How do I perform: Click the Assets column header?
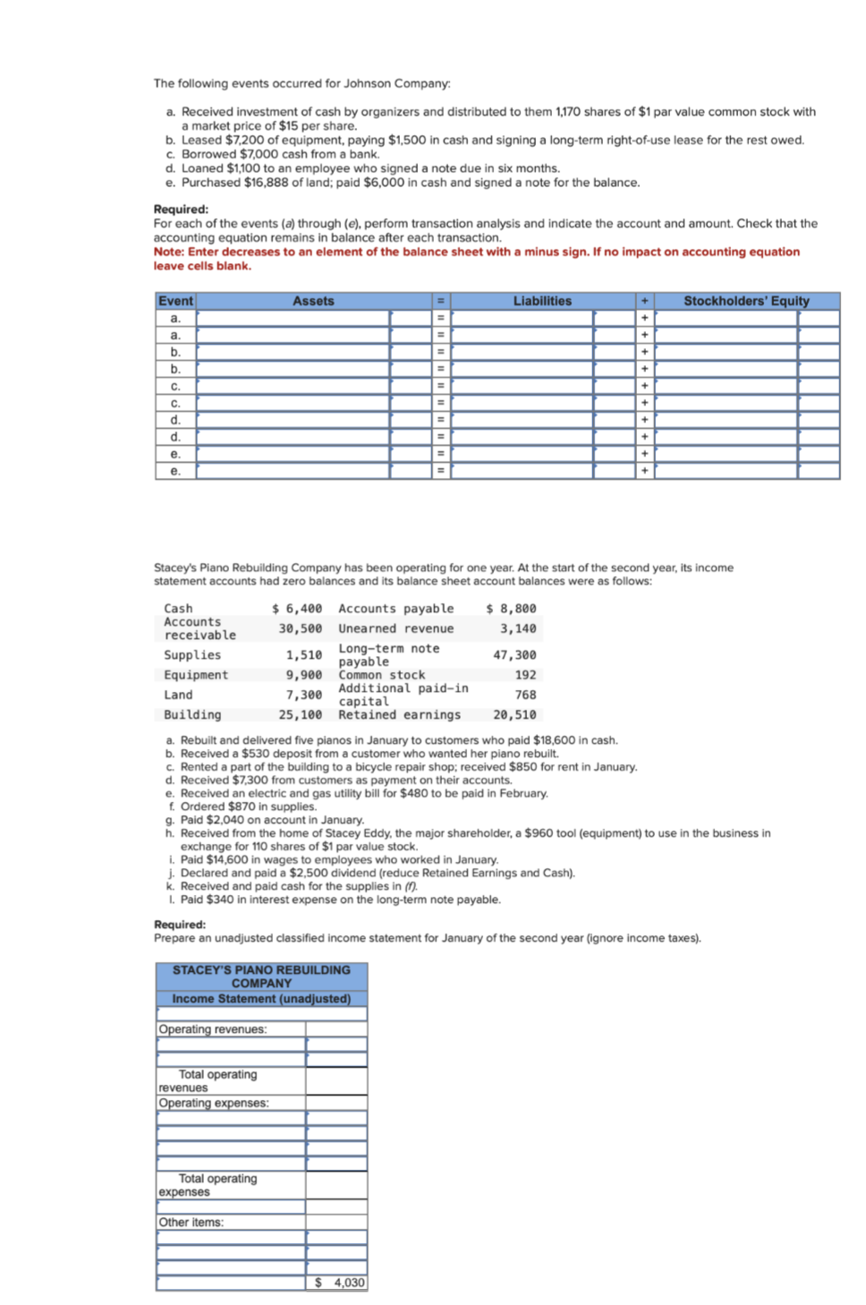click(313, 301)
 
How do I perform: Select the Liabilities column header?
click(542, 301)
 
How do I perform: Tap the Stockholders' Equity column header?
click(746, 301)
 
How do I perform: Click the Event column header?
click(175, 301)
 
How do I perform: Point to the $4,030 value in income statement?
click(340, 1283)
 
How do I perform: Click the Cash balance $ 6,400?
click(297, 609)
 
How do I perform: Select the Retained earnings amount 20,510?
click(514, 714)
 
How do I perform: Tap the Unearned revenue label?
click(395, 628)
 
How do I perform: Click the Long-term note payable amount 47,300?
click(514, 655)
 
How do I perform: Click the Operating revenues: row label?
click(213, 1029)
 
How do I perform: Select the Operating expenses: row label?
click(214, 1103)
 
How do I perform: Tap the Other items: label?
click(191, 1222)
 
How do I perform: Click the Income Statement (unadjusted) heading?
click(261, 999)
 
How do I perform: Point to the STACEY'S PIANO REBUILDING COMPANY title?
click(261, 977)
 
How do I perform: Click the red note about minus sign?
click(476, 259)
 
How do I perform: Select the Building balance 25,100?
click(300, 714)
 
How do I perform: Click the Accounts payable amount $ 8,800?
click(511, 609)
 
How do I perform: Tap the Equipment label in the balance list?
click(196, 675)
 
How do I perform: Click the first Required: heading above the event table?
click(181, 209)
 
